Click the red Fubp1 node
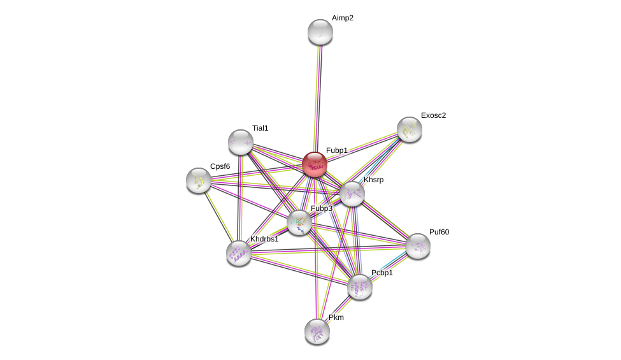314,164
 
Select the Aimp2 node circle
320,32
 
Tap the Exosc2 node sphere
409,129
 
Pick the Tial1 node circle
241,142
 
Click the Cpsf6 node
199,180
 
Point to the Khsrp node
352,194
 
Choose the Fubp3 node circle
299,222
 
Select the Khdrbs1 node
239,253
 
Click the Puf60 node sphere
418,246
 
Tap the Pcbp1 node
359,287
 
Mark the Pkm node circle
317,331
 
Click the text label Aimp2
342,18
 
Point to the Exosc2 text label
433,115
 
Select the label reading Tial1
260,128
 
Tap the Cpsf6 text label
220,166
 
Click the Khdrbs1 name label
264,239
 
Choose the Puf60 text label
439,232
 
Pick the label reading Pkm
336,317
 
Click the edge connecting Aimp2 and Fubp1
317,96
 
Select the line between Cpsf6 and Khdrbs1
218,217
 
